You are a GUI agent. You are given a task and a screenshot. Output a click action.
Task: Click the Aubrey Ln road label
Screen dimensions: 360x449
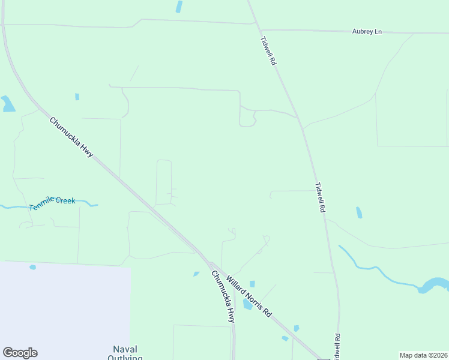click(367, 31)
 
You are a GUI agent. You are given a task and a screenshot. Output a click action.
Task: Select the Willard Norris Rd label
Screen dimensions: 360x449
click(249, 297)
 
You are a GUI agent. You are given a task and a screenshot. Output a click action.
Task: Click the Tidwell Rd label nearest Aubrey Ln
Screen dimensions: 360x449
click(268, 51)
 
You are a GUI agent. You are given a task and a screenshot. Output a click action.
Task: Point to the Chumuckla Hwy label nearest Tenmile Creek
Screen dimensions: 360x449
click(71, 137)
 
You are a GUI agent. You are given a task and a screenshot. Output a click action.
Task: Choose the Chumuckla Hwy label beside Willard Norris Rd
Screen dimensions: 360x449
click(222, 297)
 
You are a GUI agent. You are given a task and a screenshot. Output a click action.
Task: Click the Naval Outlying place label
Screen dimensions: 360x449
click(125, 353)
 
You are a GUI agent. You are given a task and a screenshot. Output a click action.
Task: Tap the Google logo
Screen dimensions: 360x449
click(20, 353)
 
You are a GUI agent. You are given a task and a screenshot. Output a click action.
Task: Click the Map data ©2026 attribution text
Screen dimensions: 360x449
click(423, 355)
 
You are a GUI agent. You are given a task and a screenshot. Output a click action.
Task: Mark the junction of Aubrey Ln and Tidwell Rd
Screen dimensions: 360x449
click(260, 29)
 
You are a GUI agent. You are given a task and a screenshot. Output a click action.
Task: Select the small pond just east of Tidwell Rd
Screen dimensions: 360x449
click(359, 212)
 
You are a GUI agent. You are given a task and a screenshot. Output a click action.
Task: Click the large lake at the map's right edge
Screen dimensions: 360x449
click(435, 284)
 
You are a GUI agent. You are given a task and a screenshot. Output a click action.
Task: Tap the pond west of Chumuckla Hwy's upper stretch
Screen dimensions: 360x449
click(8, 104)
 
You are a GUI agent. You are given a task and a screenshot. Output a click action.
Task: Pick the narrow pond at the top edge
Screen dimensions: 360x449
click(179, 7)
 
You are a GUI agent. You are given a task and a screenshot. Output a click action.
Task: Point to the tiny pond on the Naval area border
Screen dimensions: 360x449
click(32, 267)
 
